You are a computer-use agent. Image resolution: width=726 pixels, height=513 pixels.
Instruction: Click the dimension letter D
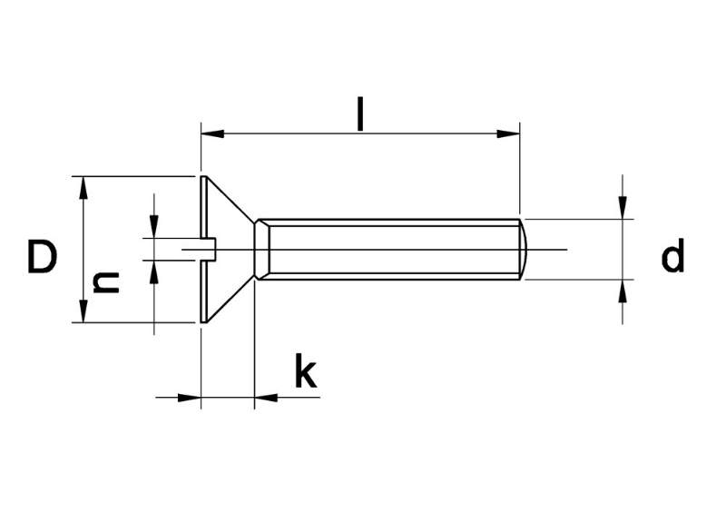pyautogui.click(x=42, y=257)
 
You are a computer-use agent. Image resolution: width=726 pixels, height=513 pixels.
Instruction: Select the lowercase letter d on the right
pyautogui.click(x=672, y=257)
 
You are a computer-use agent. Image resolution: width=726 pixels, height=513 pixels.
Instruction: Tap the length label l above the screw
pyautogui.click(x=360, y=114)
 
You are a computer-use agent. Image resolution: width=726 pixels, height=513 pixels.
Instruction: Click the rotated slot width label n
pyautogui.click(x=107, y=281)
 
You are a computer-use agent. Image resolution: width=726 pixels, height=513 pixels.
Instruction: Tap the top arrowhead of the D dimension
pyautogui.click(x=83, y=187)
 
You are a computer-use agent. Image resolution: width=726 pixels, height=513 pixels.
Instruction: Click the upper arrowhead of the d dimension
pyautogui.click(x=623, y=208)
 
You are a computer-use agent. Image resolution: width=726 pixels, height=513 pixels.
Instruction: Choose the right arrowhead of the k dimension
pyautogui.click(x=266, y=397)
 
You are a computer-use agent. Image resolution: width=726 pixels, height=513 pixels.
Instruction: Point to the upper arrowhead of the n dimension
pyautogui.click(x=154, y=227)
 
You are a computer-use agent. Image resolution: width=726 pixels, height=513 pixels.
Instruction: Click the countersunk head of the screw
pyautogui.click(x=222, y=249)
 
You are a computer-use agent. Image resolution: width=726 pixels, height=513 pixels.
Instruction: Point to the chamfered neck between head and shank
pyautogui.click(x=261, y=249)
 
